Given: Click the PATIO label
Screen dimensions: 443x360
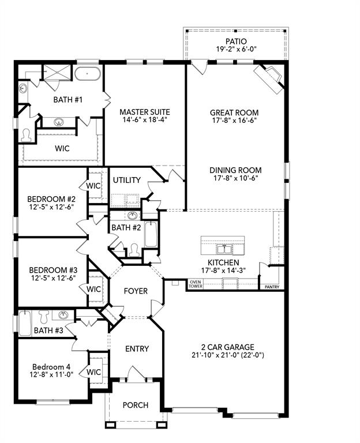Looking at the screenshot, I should [236, 42].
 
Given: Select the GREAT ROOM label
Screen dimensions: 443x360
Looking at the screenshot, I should [234, 112].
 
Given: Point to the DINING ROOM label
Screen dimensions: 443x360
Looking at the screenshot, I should [235, 170].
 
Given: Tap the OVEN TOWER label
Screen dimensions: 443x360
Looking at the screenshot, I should [196, 284].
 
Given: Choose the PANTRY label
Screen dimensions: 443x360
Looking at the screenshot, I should [271, 287].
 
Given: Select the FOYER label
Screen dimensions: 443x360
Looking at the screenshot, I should [136, 291].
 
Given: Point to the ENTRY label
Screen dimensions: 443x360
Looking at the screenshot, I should [137, 348].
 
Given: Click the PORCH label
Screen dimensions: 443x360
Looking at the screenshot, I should [135, 405].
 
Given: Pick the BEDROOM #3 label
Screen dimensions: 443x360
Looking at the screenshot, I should [49, 269].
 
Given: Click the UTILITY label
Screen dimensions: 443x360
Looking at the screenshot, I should [126, 180].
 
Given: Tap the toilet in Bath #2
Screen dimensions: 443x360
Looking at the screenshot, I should [134, 249].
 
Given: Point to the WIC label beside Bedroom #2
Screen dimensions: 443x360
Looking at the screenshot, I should [94, 186].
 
